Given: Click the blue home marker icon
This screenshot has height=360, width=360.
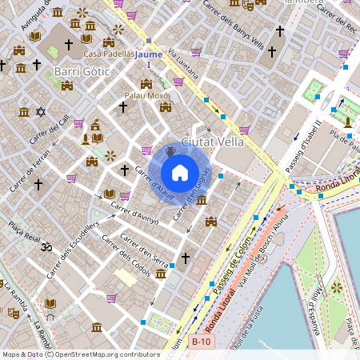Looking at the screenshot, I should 180,172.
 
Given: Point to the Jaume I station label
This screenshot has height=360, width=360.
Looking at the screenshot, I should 149,58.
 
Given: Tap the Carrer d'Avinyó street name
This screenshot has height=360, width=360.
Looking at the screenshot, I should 135,214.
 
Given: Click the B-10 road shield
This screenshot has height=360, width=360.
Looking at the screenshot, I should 202,341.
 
